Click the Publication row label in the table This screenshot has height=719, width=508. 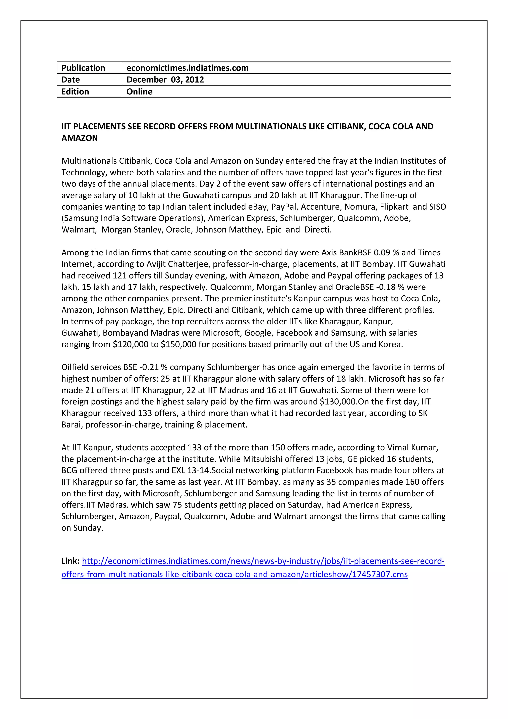tap(83, 68)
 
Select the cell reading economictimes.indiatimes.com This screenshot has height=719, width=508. tap(187, 68)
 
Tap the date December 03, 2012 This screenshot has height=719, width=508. tap(165, 80)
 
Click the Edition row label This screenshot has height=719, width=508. tap(75, 92)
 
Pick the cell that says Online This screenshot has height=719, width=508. tap(139, 92)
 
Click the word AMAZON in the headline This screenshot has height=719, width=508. tap(79, 138)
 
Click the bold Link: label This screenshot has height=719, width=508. tap(70, 561)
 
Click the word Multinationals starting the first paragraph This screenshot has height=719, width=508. tap(89, 161)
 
